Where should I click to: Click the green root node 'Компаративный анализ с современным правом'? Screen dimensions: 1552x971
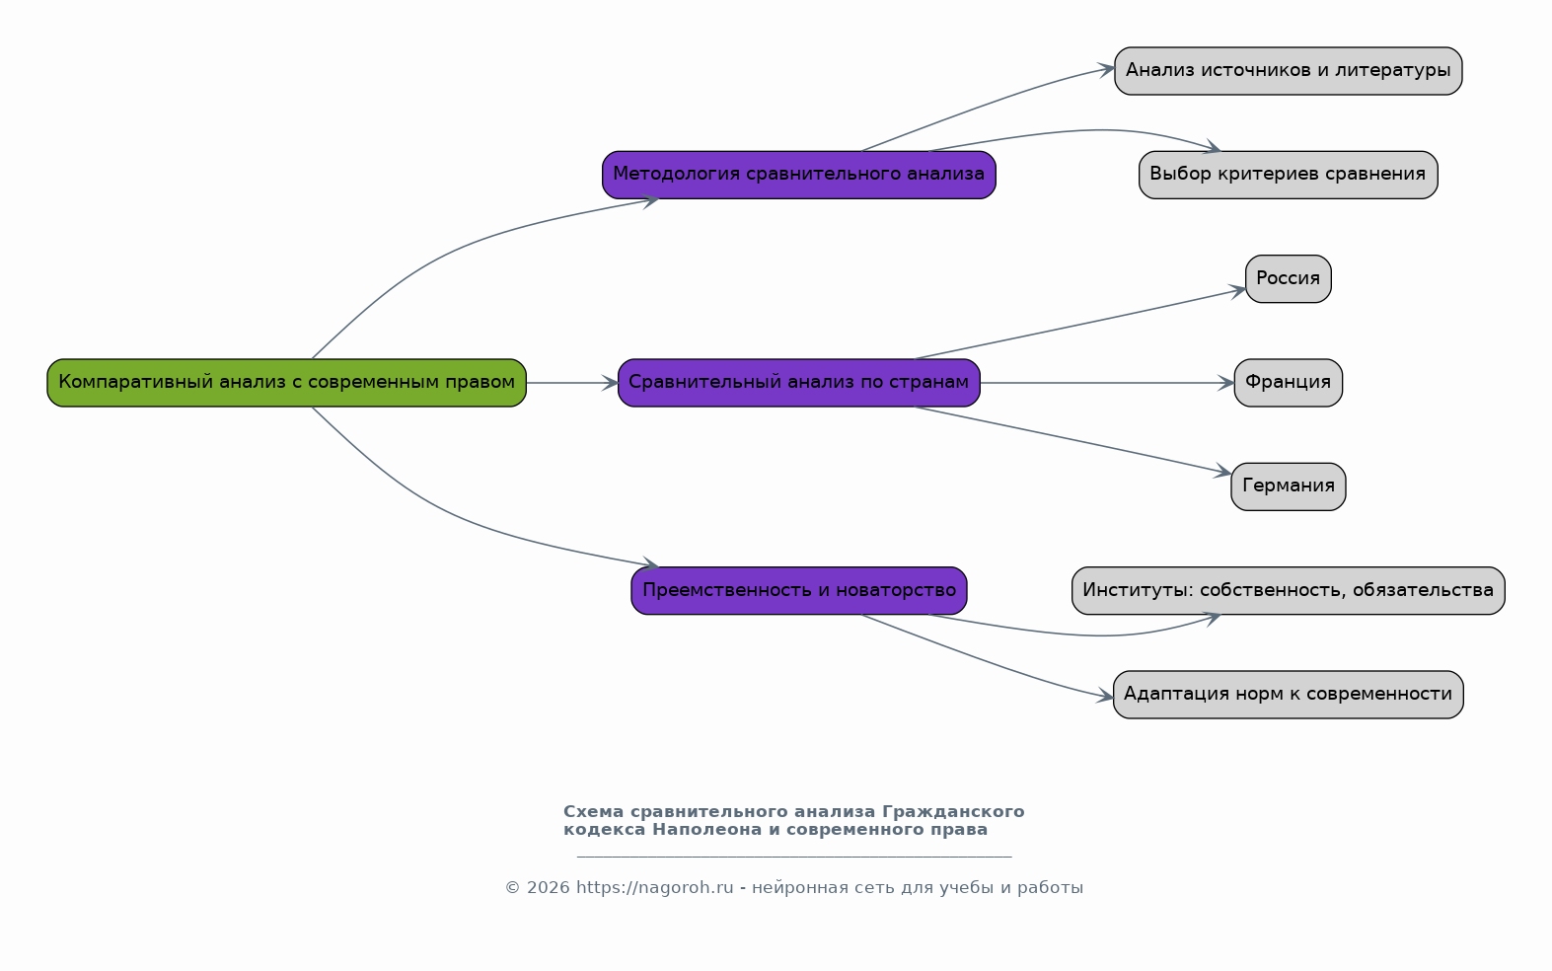287,383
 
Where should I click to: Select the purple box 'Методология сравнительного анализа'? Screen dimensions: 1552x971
799,175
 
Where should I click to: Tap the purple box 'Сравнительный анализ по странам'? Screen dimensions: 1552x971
799,383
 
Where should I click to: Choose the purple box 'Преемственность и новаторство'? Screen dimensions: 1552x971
799,590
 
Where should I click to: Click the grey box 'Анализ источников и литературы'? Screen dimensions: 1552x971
1288,71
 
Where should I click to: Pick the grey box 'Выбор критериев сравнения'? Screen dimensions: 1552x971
1288,175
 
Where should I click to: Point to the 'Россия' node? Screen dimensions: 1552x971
1288,278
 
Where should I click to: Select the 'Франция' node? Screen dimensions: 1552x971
1288,383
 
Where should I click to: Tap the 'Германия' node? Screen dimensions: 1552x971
1288,486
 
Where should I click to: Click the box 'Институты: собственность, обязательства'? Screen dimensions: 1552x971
1288,590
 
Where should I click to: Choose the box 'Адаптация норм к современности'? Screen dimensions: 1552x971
1288,695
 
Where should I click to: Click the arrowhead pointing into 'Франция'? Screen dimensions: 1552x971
1226,383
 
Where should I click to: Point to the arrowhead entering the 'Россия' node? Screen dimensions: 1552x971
1237,291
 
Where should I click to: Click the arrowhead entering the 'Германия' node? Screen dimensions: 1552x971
1223,472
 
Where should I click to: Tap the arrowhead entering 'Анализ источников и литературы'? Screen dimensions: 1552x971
1106,69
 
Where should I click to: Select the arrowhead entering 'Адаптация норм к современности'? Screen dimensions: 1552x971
1104,696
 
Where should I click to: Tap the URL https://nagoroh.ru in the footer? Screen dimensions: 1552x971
655,888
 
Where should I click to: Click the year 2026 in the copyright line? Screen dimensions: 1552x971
548,888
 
